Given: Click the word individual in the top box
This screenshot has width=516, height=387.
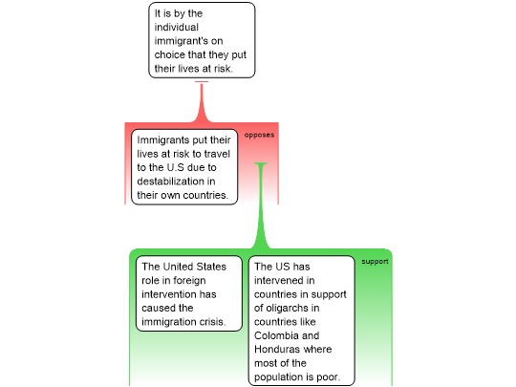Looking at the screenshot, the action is tap(177, 27).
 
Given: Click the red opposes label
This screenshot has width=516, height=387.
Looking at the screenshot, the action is tap(259, 135).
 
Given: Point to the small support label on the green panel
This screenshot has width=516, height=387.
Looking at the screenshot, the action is tap(375, 262).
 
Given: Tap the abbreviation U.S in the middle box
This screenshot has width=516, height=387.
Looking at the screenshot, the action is tap(176, 167).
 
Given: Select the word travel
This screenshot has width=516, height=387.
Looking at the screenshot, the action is tap(216, 154).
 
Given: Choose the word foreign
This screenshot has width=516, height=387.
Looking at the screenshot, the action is tap(189, 280).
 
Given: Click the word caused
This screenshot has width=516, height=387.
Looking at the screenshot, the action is tap(159, 308).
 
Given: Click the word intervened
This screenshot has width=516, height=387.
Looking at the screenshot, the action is tap(284, 280).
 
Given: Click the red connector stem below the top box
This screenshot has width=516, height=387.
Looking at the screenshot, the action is tap(202, 101).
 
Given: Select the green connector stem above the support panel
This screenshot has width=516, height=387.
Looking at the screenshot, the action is tap(261, 205).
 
